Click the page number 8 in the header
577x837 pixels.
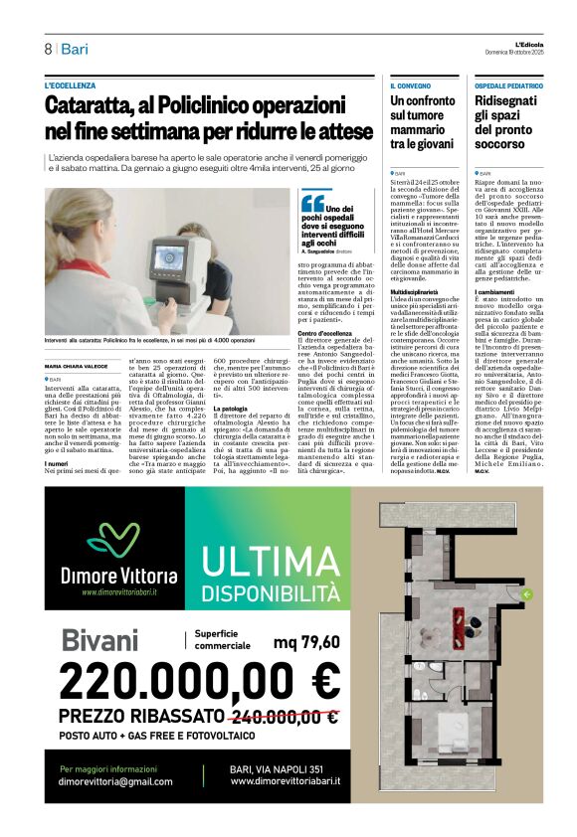(x=48, y=49)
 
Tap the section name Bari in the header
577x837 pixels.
(x=75, y=49)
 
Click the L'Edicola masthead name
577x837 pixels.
(x=517, y=44)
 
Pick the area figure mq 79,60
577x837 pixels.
(x=305, y=641)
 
